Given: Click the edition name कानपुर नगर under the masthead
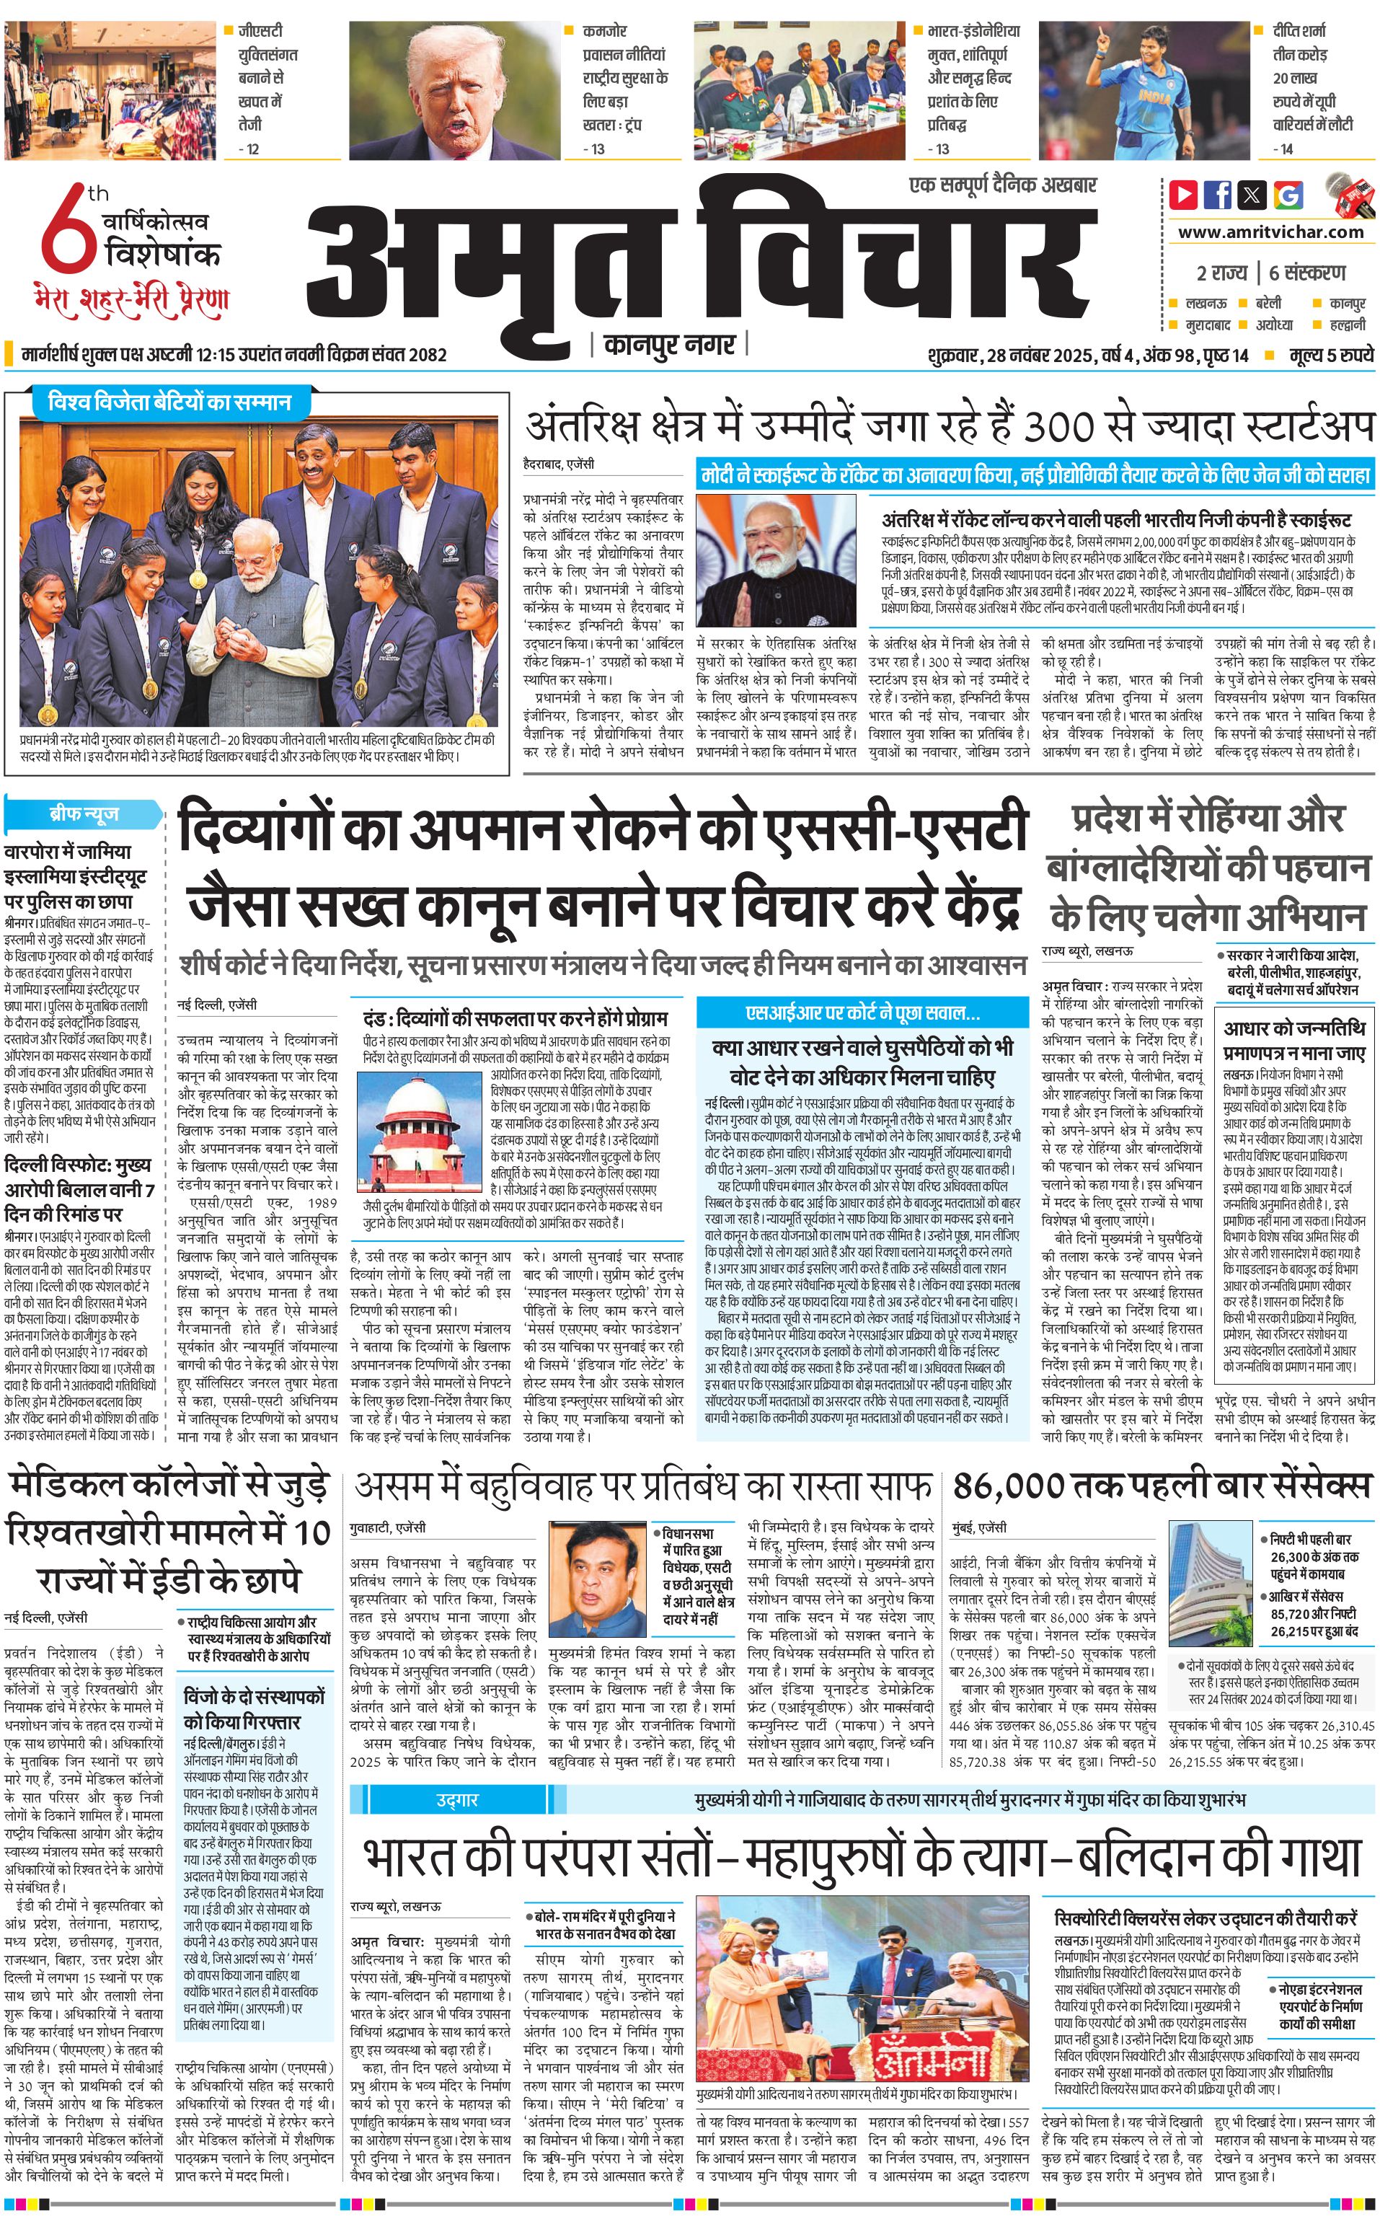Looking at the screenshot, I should [669, 344].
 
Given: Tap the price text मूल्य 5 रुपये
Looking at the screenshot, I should [1331, 355].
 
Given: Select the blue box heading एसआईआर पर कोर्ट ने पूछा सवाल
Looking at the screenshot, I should [862, 1013].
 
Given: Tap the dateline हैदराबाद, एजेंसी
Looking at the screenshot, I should [559, 463].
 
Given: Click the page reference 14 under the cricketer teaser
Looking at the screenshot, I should [1286, 149].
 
